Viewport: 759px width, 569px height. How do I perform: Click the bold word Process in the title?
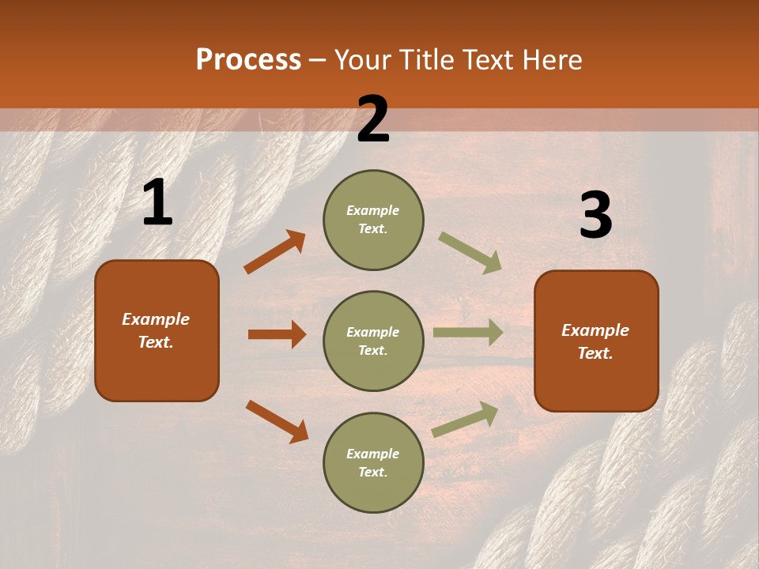point(248,59)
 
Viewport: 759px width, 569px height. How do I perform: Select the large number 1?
point(157,203)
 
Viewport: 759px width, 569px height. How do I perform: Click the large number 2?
point(373,119)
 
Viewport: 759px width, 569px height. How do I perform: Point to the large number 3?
point(595,216)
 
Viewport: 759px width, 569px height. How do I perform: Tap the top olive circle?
point(373,220)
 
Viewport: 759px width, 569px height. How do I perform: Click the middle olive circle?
point(373,341)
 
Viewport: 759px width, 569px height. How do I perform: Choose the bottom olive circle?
point(373,462)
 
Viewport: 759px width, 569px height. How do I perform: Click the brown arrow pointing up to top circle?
point(275,251)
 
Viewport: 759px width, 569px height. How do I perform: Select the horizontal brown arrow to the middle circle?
point(277,334)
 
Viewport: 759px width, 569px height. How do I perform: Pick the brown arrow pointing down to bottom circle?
point(277,421)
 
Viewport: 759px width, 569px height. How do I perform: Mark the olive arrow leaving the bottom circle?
point(466,419)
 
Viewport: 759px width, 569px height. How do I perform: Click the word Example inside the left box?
point(156,319)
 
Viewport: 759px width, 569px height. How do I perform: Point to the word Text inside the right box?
point(595,353)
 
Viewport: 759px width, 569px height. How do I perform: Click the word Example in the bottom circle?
point(372,454)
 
